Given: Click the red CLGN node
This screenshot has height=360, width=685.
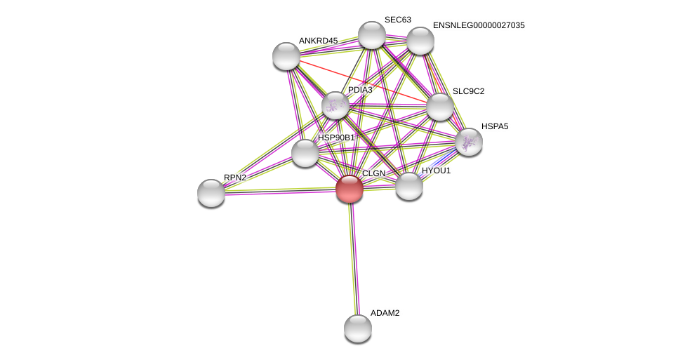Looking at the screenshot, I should pos(350,189).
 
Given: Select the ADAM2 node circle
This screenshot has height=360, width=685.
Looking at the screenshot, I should pos(358,328).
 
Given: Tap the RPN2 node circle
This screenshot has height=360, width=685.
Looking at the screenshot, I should pos(211,193).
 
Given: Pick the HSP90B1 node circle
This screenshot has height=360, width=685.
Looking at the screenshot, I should pos(305,153).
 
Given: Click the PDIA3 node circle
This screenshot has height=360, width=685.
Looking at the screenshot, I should pos(335,105).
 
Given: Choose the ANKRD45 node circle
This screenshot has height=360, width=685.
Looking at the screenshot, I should pos(286,56).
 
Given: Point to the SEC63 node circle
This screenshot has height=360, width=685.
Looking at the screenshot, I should pos(372,35).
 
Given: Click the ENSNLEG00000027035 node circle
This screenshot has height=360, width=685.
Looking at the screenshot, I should pos(420,41).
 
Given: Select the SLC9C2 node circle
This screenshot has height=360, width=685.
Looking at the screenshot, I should pos(440,107).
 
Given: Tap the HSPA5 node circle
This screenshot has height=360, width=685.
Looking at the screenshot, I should pos(468,142).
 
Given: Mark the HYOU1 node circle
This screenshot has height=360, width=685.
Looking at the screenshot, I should pos(409,186).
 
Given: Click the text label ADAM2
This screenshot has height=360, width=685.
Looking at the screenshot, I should pos(385,313).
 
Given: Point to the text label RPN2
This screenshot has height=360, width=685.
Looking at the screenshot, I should pos(235,178).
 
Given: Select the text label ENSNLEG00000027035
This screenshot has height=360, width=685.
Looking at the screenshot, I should pos(479,25).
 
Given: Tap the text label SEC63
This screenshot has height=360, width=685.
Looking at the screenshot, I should pos(398,20).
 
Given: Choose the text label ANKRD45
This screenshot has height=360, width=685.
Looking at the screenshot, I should pos(318,41).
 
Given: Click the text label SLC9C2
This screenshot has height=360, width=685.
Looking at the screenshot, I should pos(468,91).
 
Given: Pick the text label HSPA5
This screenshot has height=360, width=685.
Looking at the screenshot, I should pos(495,126).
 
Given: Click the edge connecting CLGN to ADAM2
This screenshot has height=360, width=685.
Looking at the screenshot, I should pos(354,260).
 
